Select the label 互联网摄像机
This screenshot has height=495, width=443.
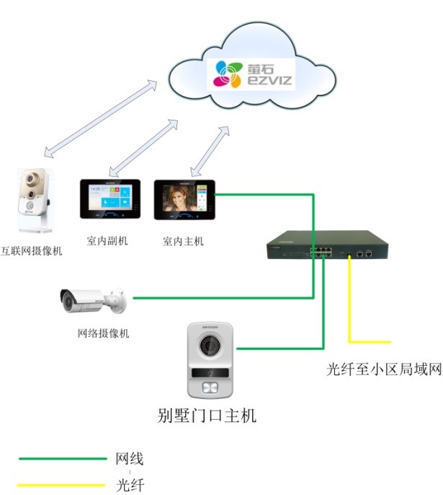[32, 251]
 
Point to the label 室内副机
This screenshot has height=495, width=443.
[108, 241]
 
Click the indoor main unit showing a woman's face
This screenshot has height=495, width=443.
[184, 198]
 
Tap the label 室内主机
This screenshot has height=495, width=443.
[183, 241]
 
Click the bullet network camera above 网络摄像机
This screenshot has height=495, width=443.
[91, 299]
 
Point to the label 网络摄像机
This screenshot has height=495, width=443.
[104, 333]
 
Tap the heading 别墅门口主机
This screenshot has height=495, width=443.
[207, 416]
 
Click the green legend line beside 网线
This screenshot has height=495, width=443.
[62, 458]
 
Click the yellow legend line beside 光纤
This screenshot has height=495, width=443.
[62, 485]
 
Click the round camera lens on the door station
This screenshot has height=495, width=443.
[211, 347]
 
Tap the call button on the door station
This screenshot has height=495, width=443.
[211, 389]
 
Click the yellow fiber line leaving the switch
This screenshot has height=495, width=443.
[350, 303]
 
